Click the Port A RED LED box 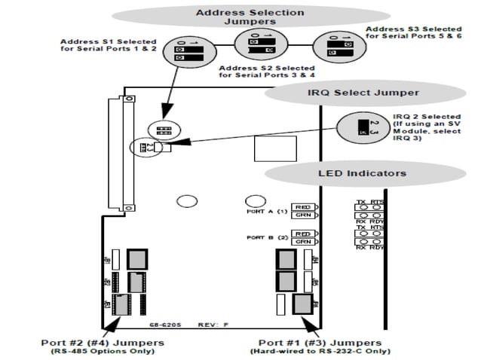[303, 206]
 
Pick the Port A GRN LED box [303, 215]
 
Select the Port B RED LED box [303, 233]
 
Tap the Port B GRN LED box [303, 242]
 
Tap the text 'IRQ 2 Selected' [426, 117]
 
